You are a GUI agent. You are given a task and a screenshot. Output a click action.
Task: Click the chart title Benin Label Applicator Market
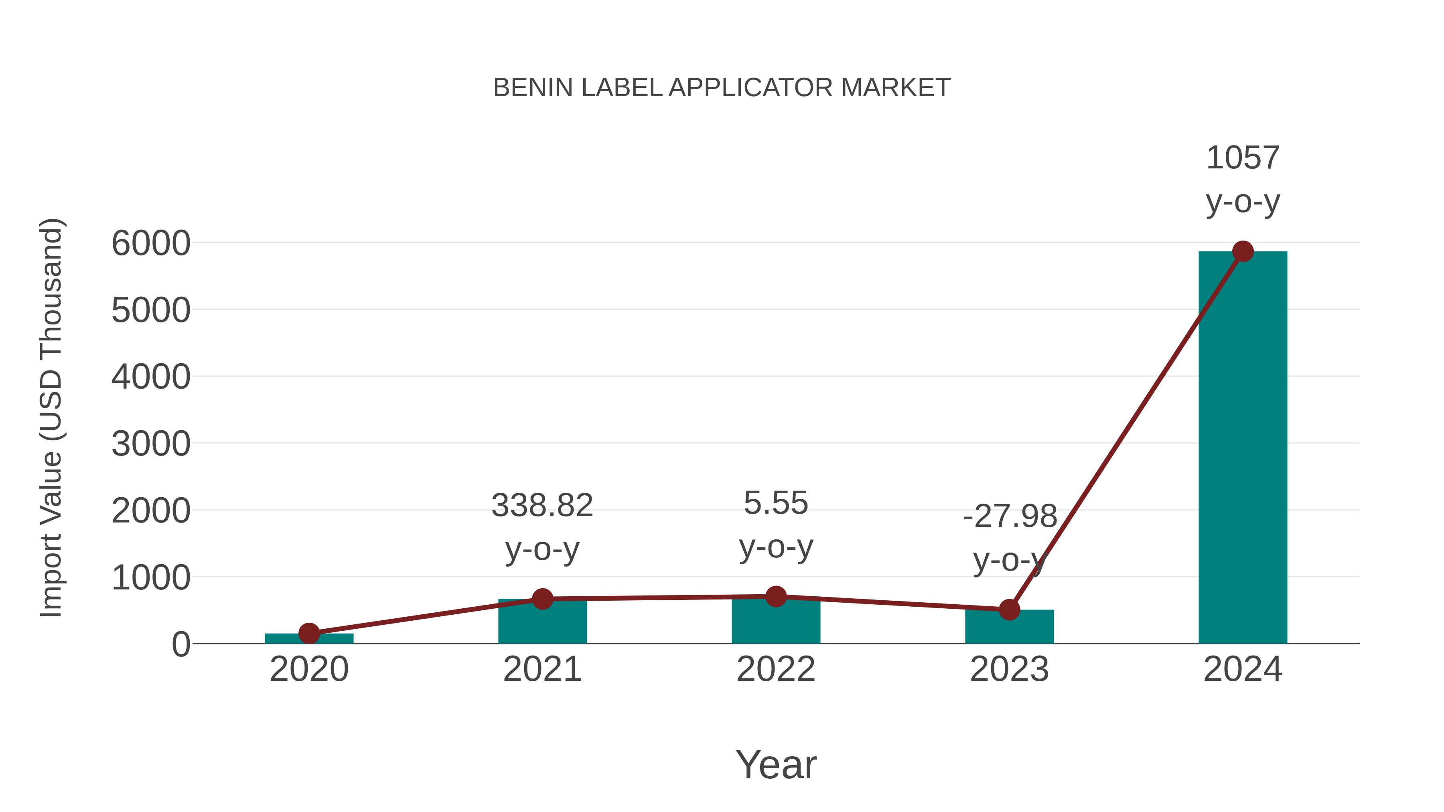click(722, 88)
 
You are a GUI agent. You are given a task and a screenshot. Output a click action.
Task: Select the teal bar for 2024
click(1242, 448)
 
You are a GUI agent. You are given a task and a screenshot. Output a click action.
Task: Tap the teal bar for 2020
click(309, 638)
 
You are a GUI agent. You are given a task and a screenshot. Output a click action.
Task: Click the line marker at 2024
click(1243, 251)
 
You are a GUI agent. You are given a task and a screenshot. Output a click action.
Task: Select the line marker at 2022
click(776, 597)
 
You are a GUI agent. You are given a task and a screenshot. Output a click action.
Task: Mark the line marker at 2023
click(1009, 610)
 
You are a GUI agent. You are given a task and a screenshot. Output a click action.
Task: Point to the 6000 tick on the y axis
click(151, 244)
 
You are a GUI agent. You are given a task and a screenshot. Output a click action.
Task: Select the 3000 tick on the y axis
click(151, 444)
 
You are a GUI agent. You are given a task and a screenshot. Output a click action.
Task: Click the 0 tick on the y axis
click(181, 644)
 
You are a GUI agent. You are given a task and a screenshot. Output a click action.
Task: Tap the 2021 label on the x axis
click(542, 669)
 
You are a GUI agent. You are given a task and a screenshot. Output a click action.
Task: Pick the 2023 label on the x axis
click(1009, 669)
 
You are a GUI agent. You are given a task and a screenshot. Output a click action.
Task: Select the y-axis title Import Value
click(52, 417)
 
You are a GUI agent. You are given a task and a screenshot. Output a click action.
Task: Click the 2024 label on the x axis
click(1243, 669)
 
